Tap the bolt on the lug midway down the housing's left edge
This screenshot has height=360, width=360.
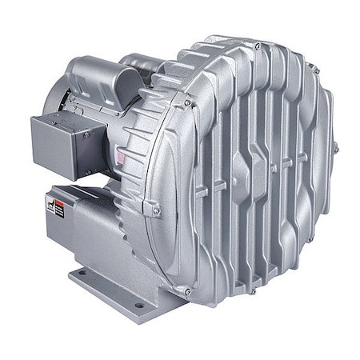click(x=155, y=210)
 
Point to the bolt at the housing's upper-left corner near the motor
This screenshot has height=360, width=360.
click(x=187, y=103)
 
